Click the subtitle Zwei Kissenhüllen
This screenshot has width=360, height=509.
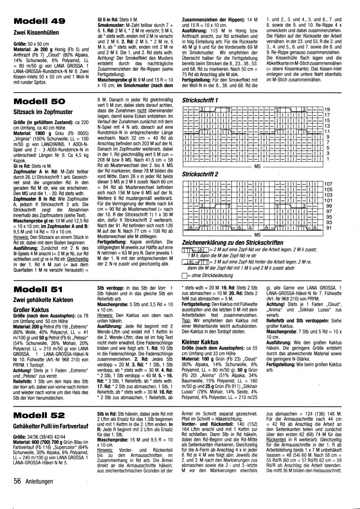pos(36,33)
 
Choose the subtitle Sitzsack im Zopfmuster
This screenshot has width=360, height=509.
pos(43,112)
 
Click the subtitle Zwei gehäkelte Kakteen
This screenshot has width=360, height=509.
pos(43,300)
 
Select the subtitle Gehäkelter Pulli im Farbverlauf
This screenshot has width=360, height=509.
pos(51,426)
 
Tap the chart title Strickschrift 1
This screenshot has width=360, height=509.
pos(200,100)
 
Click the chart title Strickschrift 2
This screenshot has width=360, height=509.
pos(200,174)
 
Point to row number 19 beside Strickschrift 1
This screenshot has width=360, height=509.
pos(327,109)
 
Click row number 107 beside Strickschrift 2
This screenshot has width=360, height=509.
pos(328,184)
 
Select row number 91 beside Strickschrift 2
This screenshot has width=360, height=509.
pos(329,228)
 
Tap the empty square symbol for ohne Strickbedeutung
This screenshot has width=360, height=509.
pos(184,275)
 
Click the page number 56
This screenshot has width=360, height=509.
pos(17,481)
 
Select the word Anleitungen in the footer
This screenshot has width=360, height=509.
pos(39,482)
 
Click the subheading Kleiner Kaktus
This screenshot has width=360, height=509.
pos(200,342)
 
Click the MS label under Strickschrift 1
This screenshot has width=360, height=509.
pos(257,166)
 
